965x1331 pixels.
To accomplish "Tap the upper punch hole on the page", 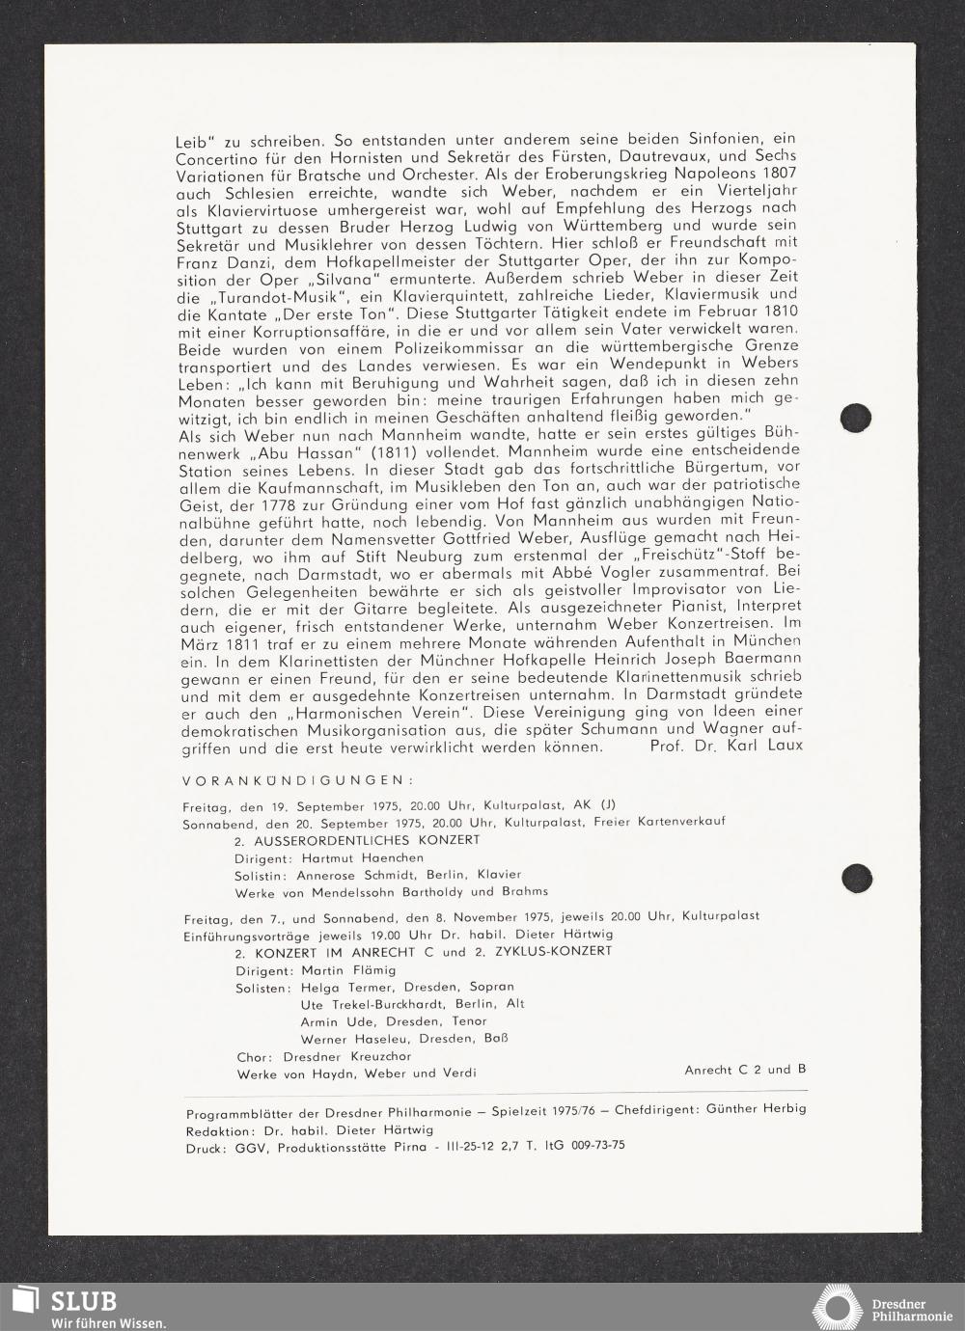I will pyautogui.click(x=855, y=418).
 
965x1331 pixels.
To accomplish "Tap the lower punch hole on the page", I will pyautogui.click(x=855, y=878).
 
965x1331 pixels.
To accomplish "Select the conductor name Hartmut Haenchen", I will pyautogui.click(x=362, y=857).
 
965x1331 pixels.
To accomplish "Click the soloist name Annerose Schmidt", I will pyautogui.click(x=341, y=875).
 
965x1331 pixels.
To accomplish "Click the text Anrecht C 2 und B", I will pyautogui.click(x=745, y=1070).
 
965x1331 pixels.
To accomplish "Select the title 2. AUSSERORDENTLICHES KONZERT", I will pyautogui.click(x=356, y=840).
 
